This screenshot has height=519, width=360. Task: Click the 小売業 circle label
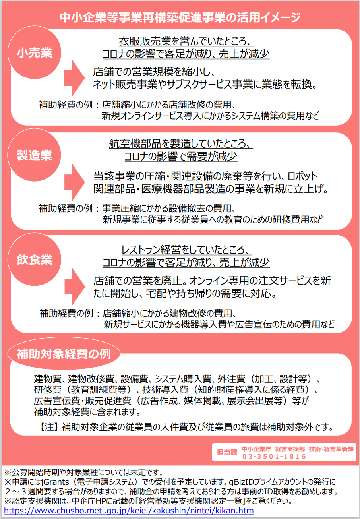34,52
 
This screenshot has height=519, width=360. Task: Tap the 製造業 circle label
34,155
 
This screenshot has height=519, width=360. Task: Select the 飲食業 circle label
34,259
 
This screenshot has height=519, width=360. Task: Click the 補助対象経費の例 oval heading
64,354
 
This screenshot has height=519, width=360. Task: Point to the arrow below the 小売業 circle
74,78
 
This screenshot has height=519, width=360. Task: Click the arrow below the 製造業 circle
74,182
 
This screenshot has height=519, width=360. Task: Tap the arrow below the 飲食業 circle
75,287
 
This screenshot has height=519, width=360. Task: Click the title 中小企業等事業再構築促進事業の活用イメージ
180,17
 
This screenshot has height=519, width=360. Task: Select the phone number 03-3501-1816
274,456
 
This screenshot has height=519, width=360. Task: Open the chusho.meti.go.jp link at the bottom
129,510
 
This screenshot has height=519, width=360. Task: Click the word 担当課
227,452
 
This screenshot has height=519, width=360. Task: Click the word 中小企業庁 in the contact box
256,449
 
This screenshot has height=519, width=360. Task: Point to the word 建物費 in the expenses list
48,379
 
